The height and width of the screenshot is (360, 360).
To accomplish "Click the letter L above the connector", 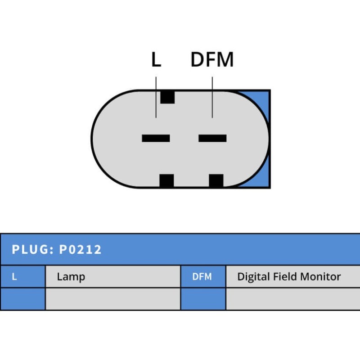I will [x=156, y=60].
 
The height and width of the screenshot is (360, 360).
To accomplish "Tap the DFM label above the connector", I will [x=212, y=60].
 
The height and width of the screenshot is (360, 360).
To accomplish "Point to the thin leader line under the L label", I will [x=156, y=97].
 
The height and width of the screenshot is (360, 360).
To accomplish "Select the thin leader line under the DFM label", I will [x=212, y=97].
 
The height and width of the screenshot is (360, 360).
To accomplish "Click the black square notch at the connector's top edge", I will [x=167, y=97].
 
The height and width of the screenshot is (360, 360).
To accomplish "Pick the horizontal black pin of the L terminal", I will [x=156, y=138].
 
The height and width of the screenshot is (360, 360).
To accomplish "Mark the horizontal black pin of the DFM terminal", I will [x=212, y=138].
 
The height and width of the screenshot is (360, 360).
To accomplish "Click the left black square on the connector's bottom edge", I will [x=166, y=181].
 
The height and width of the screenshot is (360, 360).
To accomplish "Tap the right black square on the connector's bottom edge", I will [x=216, y=181].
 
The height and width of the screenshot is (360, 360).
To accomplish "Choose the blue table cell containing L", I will [x=22, y=277].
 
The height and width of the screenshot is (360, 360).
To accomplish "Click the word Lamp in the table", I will [x=71, y=277].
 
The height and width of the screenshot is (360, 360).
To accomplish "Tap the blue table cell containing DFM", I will [x=202, y=277].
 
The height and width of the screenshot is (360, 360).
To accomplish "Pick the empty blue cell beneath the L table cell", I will [x=22, y=299].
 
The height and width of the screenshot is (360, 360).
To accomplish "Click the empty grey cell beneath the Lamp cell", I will [x=112, y=299].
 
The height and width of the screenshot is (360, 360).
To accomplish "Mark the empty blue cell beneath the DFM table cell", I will [x=202, y=299].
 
